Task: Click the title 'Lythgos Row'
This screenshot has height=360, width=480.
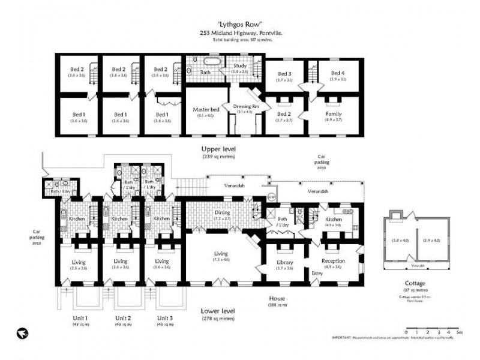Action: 239,24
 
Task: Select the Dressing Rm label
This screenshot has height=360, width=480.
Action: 245,106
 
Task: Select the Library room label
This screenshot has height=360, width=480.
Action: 284,262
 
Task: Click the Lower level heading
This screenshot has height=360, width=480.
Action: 218,311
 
